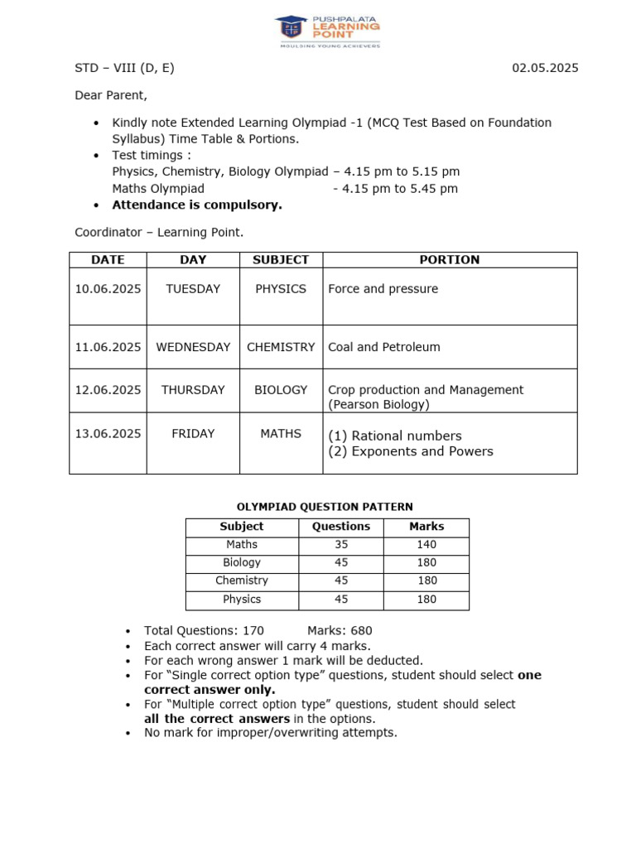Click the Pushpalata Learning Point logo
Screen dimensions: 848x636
[x=329, y=31]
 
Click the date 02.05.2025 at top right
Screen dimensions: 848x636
[x=545, y=68]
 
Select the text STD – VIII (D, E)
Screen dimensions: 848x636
[x=124, y=68]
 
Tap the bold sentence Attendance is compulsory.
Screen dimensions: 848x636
[x=197, y=205]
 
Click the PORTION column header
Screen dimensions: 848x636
[x=450, y=260]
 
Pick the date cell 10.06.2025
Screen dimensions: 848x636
[x=108, y=289]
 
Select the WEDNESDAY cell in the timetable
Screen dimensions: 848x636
[x=193, y=347]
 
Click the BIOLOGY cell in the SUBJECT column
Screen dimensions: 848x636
[x=281, y=389]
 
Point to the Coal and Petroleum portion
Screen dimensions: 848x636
[x=384, y=347]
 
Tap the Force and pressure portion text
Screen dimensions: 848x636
[x=383, y=289]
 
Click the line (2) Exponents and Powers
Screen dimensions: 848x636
[x=411, y=451]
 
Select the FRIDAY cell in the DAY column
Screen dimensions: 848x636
[x=193, y=433]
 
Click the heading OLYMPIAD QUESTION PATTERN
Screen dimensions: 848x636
[x=325, y=507]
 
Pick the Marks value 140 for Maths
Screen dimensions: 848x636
[x=426, y=544]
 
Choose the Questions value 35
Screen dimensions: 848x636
[x=341, y=544]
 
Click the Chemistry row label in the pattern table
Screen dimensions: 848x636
[x=242, y=581]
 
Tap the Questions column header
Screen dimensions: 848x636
[x=341, y=526]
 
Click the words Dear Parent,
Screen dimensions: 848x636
[x=111, y=95]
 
